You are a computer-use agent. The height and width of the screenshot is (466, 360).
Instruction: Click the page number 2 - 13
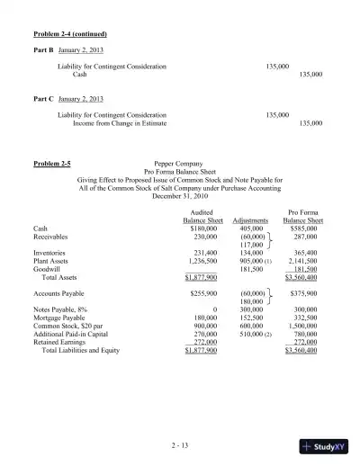[x=179, y=444]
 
